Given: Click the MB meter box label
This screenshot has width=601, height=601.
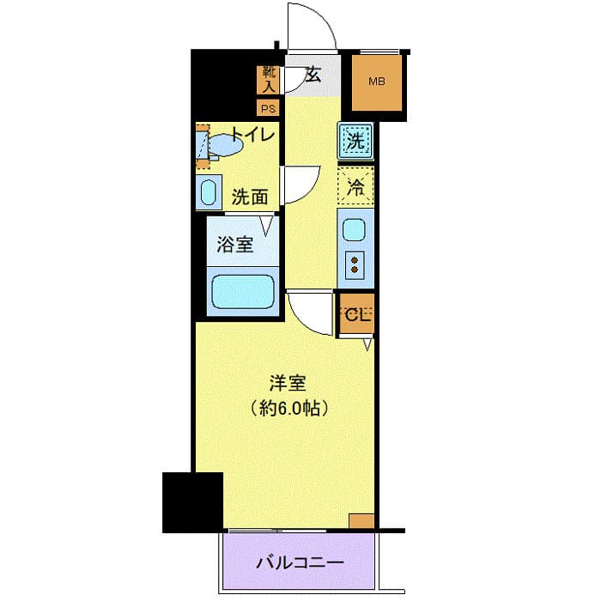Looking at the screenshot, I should [377, 82].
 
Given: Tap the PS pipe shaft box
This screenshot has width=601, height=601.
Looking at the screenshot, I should [269, 108].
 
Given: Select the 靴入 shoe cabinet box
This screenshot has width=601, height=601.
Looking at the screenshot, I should [269, 80].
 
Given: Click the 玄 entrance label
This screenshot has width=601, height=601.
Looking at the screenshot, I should [313, 76].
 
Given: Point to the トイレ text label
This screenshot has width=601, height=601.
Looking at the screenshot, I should [252, 136].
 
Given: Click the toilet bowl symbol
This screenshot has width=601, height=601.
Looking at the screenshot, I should [225, 146].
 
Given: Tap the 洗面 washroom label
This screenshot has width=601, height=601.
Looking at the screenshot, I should [250, 197].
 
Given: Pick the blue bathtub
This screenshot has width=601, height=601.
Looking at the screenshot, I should [242, 292].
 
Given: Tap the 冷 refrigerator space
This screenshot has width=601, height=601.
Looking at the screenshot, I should [355, 184].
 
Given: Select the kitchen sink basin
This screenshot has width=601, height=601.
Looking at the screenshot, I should [354, 230].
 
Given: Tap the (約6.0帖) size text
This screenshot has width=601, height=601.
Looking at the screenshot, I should [287, 410].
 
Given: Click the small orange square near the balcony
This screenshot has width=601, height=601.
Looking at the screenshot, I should [361, 520].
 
